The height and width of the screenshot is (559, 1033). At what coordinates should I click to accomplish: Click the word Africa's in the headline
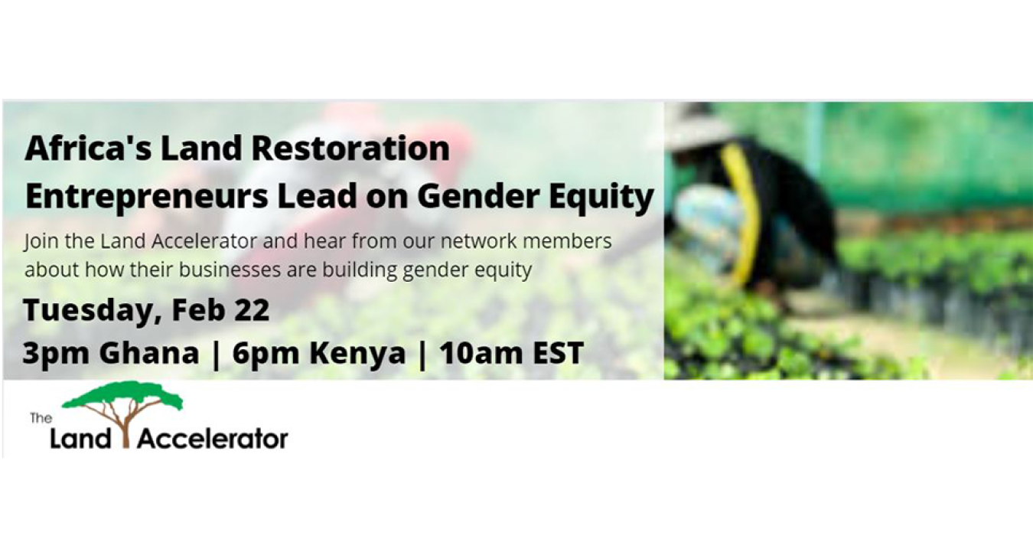click(x=88, y=149)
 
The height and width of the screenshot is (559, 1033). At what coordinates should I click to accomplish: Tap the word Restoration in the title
click(x=351, y=149)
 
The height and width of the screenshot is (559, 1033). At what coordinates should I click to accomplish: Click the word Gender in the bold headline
click(x=478, y=196)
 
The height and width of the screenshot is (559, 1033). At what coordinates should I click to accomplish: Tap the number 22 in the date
click(x=252, y=309)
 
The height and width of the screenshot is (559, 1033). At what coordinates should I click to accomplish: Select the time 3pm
click(x=55, y=354)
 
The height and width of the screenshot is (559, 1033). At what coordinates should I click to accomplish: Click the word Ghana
click(x=148, y=352)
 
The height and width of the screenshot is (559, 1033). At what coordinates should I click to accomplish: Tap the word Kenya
click(x=357, y=354)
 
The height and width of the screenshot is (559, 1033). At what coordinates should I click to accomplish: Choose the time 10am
click(x=480, y=352)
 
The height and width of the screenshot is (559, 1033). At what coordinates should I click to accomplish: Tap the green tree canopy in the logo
click(x=122, y=395)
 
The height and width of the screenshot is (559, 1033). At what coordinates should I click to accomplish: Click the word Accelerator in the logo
click(x=213, y=438)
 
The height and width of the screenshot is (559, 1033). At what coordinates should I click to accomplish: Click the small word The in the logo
click(x=41, y=418)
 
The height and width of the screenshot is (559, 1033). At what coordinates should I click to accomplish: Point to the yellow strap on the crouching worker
click(x=743, y=217)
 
